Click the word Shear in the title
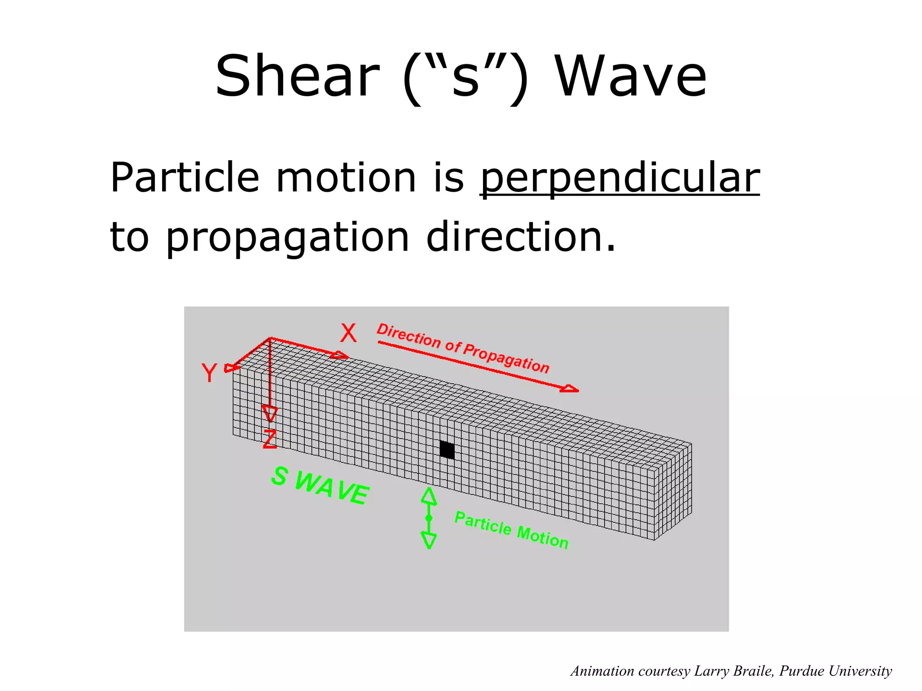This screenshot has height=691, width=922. coord(297,76)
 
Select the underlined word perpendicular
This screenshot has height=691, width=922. coord(620,178)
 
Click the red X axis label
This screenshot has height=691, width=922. coord(348,333)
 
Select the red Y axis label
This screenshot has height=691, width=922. coord(209,373)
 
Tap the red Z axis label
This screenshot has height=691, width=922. coord(270,439)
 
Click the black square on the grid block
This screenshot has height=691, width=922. coord(447,449)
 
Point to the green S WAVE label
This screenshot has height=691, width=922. coord(320,485)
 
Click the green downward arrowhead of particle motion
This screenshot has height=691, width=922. coord(429,540)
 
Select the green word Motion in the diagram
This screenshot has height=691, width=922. coord(542,537)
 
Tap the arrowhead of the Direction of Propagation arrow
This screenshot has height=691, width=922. coord(570,389)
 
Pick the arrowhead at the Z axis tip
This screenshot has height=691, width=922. coord(270,413)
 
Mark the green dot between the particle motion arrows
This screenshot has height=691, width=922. coord(429,518)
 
